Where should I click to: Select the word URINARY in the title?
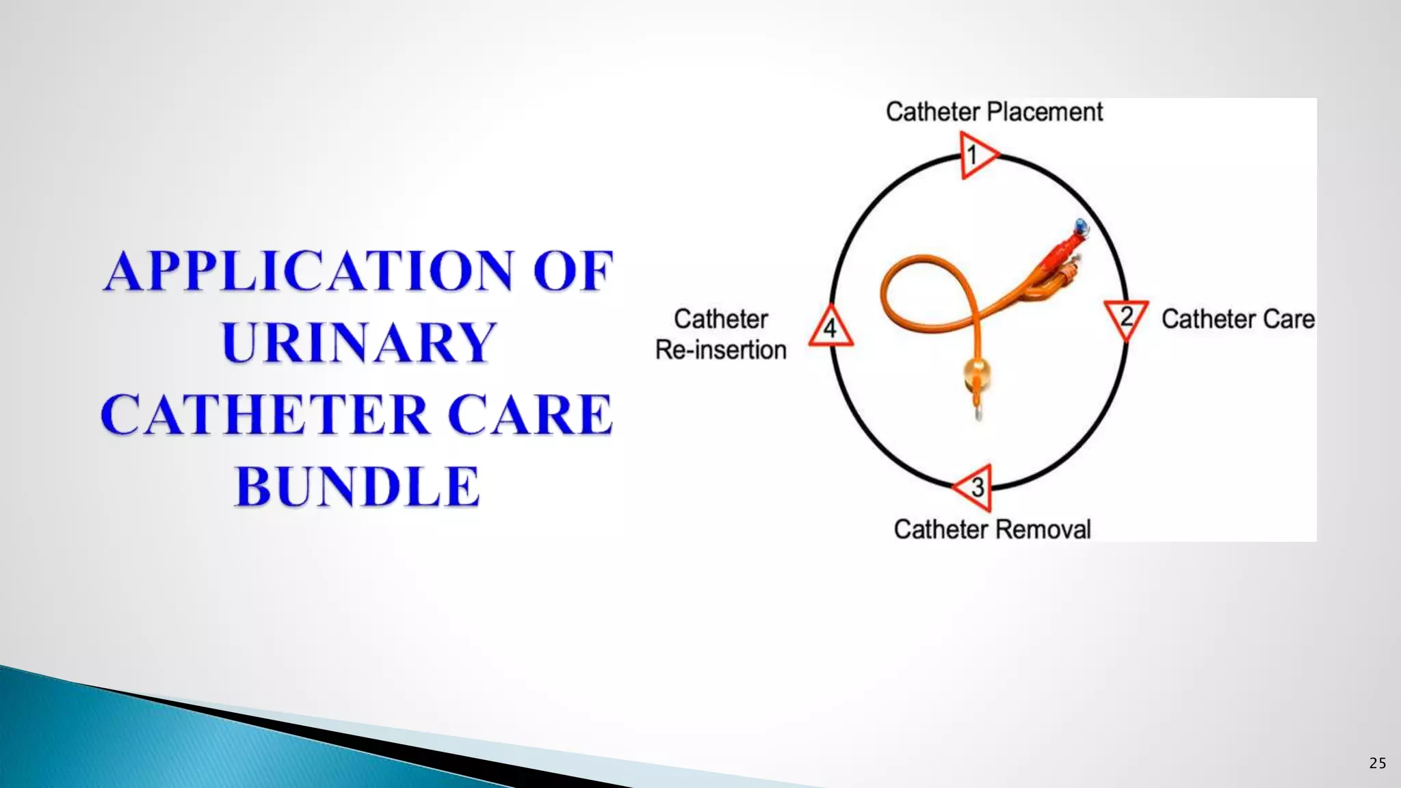click(x=358, y=343)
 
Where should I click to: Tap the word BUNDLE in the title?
click(x=357, y=486)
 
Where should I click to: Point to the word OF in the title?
click(x=573, y=271)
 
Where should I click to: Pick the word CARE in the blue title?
click(x=530, y=415)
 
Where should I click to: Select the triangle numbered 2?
click(x=1126, y=317)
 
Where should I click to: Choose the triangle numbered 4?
click(x=830, y=328)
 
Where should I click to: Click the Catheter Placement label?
click(x=994, y=111)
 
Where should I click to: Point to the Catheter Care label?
click(x=1238, y=319)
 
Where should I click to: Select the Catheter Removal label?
click(x=992, y=529)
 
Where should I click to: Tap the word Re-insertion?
click(x=721, y=350)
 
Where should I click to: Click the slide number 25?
click(x=1378, y=763)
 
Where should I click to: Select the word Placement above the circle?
click(x=1045, y=111)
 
